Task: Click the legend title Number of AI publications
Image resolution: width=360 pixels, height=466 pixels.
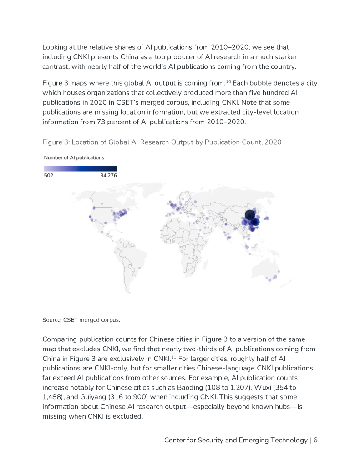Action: [x=74, y=157]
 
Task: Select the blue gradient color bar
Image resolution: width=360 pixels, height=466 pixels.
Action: [x=81, y=168]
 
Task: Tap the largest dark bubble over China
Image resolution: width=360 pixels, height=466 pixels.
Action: [x=249, y=215]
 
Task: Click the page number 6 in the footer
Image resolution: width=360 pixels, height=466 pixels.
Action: [x=315, y=440]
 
